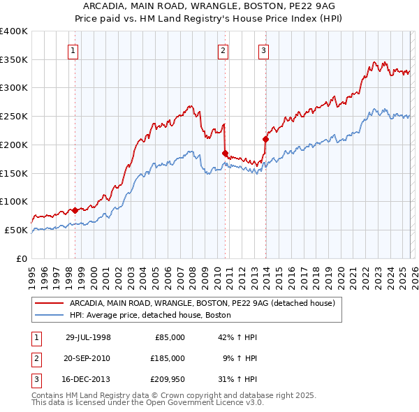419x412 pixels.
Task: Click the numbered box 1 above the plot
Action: coord(73,50)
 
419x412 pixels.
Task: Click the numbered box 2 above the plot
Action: coord(223,50)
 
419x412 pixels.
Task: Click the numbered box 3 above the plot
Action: coord(264,50)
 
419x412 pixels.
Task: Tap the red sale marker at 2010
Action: coord(225,153)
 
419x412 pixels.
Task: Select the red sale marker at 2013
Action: coord(265,139)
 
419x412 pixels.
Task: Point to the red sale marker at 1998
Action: coord(75,209)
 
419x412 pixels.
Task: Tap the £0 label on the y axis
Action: coord(21,258)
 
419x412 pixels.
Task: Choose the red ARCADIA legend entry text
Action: coord(202,303)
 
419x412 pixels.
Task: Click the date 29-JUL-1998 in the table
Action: coord(88,337)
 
